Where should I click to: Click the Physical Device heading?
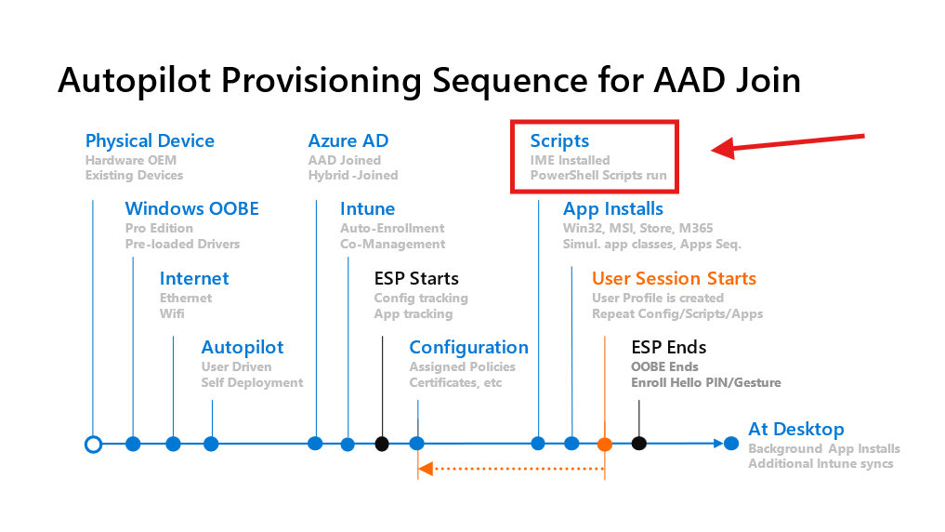tap(150, 141)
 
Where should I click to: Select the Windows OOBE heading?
tap(192, 209)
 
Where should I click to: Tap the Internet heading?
tap(194, 279)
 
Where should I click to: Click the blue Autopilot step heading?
tap(243, 348)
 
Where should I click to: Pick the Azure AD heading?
tap(348, 141)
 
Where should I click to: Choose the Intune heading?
tap(367, 209)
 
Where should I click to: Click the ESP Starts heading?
tap(416, 279)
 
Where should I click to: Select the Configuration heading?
tap(468, 348)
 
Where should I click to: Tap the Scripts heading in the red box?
tap(559, 141)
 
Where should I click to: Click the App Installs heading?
tap(613, 209)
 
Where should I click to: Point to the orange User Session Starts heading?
tap(674, 279)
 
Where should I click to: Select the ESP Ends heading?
tap(669, 348)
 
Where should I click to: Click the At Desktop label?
tap(796, 430)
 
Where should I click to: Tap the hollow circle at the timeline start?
tap(93, 444)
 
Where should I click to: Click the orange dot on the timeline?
tap(605, 444)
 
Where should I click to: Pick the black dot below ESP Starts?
tap(382, 444)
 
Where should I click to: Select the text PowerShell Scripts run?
tap(598, 176)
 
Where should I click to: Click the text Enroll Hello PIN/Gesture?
tap(706, 383)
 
